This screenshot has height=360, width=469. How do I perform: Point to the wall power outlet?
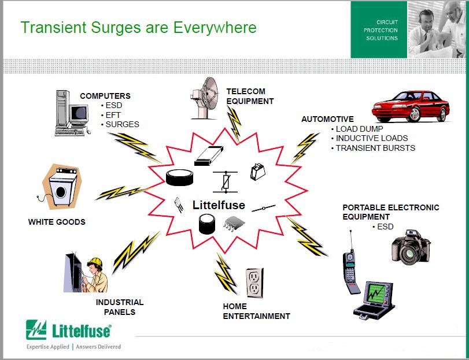255,283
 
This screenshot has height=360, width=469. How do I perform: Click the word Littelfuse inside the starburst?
219,205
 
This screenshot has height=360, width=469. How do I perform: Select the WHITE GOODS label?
57,222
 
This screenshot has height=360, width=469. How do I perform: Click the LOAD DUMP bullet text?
359,129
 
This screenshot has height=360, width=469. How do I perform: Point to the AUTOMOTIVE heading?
327,119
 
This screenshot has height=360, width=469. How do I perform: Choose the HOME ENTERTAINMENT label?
256,311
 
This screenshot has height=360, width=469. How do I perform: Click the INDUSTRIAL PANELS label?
120,307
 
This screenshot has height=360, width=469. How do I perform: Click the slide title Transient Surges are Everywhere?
139,27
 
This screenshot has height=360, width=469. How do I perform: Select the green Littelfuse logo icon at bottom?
36,330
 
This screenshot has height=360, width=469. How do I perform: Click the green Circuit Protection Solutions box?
379,30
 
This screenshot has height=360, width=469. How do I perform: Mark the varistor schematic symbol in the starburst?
225,181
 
